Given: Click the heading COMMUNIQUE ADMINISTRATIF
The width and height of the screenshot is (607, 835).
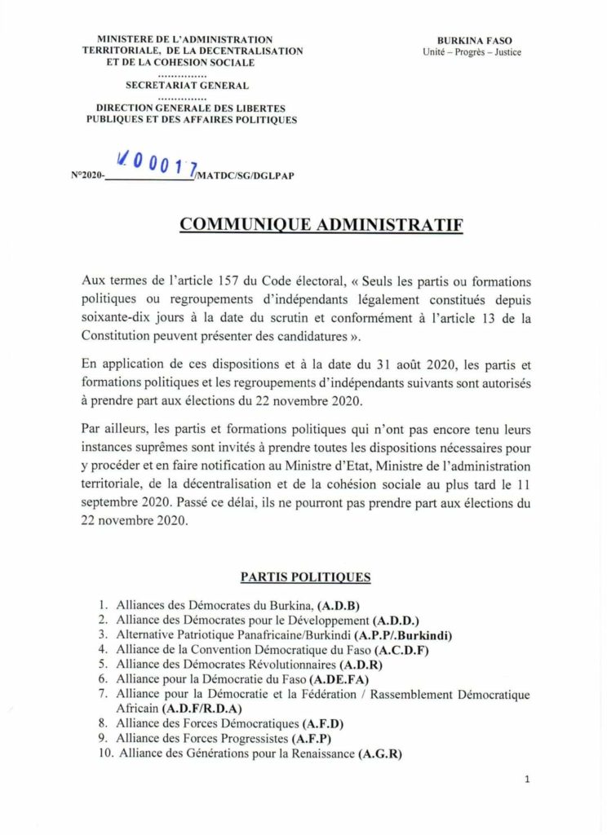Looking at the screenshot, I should (321, 225).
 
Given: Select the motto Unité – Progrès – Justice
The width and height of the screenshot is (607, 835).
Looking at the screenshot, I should (472, 52).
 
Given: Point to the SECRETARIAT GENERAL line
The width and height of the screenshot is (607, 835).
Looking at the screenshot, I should (187, 86).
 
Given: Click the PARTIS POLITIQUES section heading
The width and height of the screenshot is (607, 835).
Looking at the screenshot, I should (305, 577).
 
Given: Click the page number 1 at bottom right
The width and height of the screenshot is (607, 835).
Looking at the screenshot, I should (527, 780).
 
